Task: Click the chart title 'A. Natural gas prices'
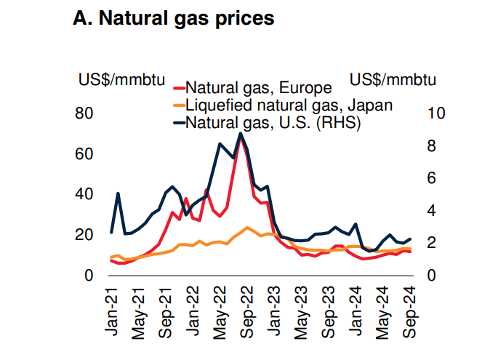point(174,18)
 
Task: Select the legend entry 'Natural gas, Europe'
point(259,89)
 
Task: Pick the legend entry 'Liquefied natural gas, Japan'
point(289,105)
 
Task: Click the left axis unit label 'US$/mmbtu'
point(121,79)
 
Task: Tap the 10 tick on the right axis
point(435,113)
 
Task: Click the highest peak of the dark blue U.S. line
point(241,133)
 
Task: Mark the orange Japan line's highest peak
point(247,228)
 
